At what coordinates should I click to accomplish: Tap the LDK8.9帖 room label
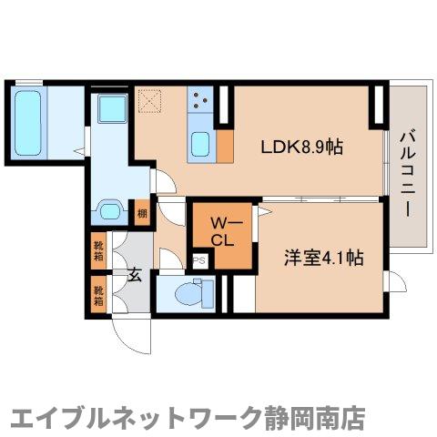tap(303, 147)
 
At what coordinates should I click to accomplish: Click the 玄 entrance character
tap(133, 274)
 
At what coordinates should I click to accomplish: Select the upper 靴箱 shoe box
tap(98, 249)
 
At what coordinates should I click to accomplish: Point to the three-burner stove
tap(200, 102)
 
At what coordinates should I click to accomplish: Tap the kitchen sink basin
tap(200, 144)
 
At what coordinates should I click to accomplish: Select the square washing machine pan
tap(112, 108)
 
